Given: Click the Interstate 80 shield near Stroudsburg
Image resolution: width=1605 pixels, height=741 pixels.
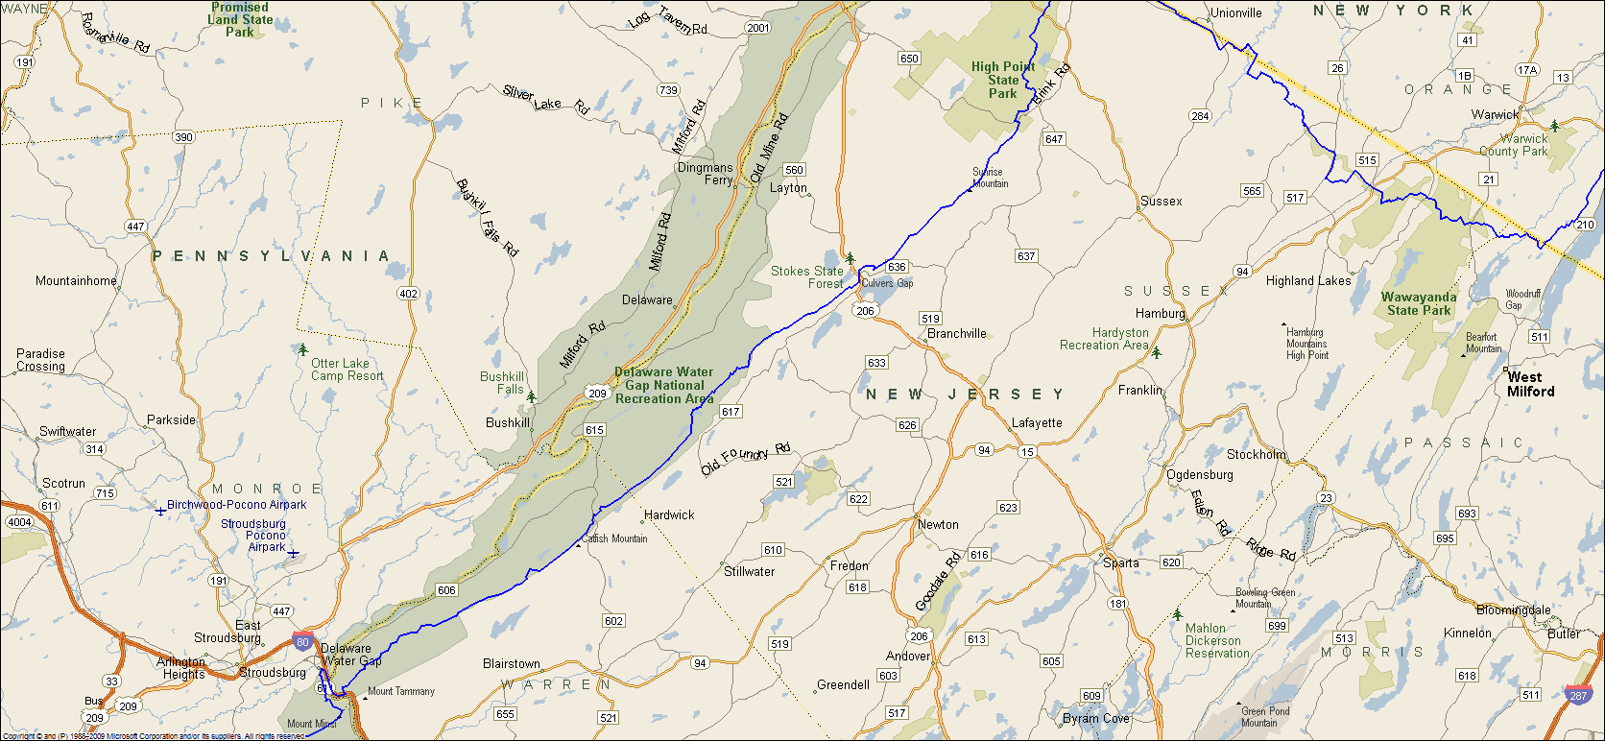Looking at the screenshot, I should [x=302, y=642].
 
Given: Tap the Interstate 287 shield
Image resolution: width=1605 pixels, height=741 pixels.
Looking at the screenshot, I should [x=1578, y=695].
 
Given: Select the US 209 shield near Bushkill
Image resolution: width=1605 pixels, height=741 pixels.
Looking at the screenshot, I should [x=597, y=394].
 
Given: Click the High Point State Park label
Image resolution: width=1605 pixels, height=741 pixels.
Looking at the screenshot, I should [x=1002, y=80].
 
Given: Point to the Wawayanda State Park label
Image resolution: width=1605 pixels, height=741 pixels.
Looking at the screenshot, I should [x=1419, y=303].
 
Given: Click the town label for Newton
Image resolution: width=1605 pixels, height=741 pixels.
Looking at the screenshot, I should [x=938, y=524].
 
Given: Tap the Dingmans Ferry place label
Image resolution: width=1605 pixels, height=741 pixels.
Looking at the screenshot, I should [x=706, y=174].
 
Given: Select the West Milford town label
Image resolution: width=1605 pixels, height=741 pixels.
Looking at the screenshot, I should [x=1530, y=384].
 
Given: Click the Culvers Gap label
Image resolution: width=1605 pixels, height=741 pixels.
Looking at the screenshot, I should [x=887, y=283].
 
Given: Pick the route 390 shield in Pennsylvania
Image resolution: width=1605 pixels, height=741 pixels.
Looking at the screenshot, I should [x=183, y=136].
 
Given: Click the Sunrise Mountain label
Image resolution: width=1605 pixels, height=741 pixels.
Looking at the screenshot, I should [x=990, y=178].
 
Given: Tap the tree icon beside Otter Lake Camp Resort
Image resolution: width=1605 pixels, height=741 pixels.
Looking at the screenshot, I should [x=303, y=349].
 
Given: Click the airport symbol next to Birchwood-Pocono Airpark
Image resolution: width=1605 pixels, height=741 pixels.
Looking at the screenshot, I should [x=160, y=512].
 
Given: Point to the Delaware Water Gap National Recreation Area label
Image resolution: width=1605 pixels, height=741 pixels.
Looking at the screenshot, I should [x=664, y=385].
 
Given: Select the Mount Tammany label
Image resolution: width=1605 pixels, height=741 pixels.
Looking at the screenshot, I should [x=400, y=691].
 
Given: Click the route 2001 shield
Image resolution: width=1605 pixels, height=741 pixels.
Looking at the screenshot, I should [x=758, y=27].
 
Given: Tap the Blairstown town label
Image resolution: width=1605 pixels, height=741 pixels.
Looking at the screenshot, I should [x=512, y=663].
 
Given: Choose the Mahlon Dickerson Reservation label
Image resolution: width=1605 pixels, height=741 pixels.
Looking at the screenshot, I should [x=1217, y=640].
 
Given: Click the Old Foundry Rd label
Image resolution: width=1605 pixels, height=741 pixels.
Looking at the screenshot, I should [x=746, y=460].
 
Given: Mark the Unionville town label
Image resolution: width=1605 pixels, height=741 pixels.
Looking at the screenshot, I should [x=1236, y=12].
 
